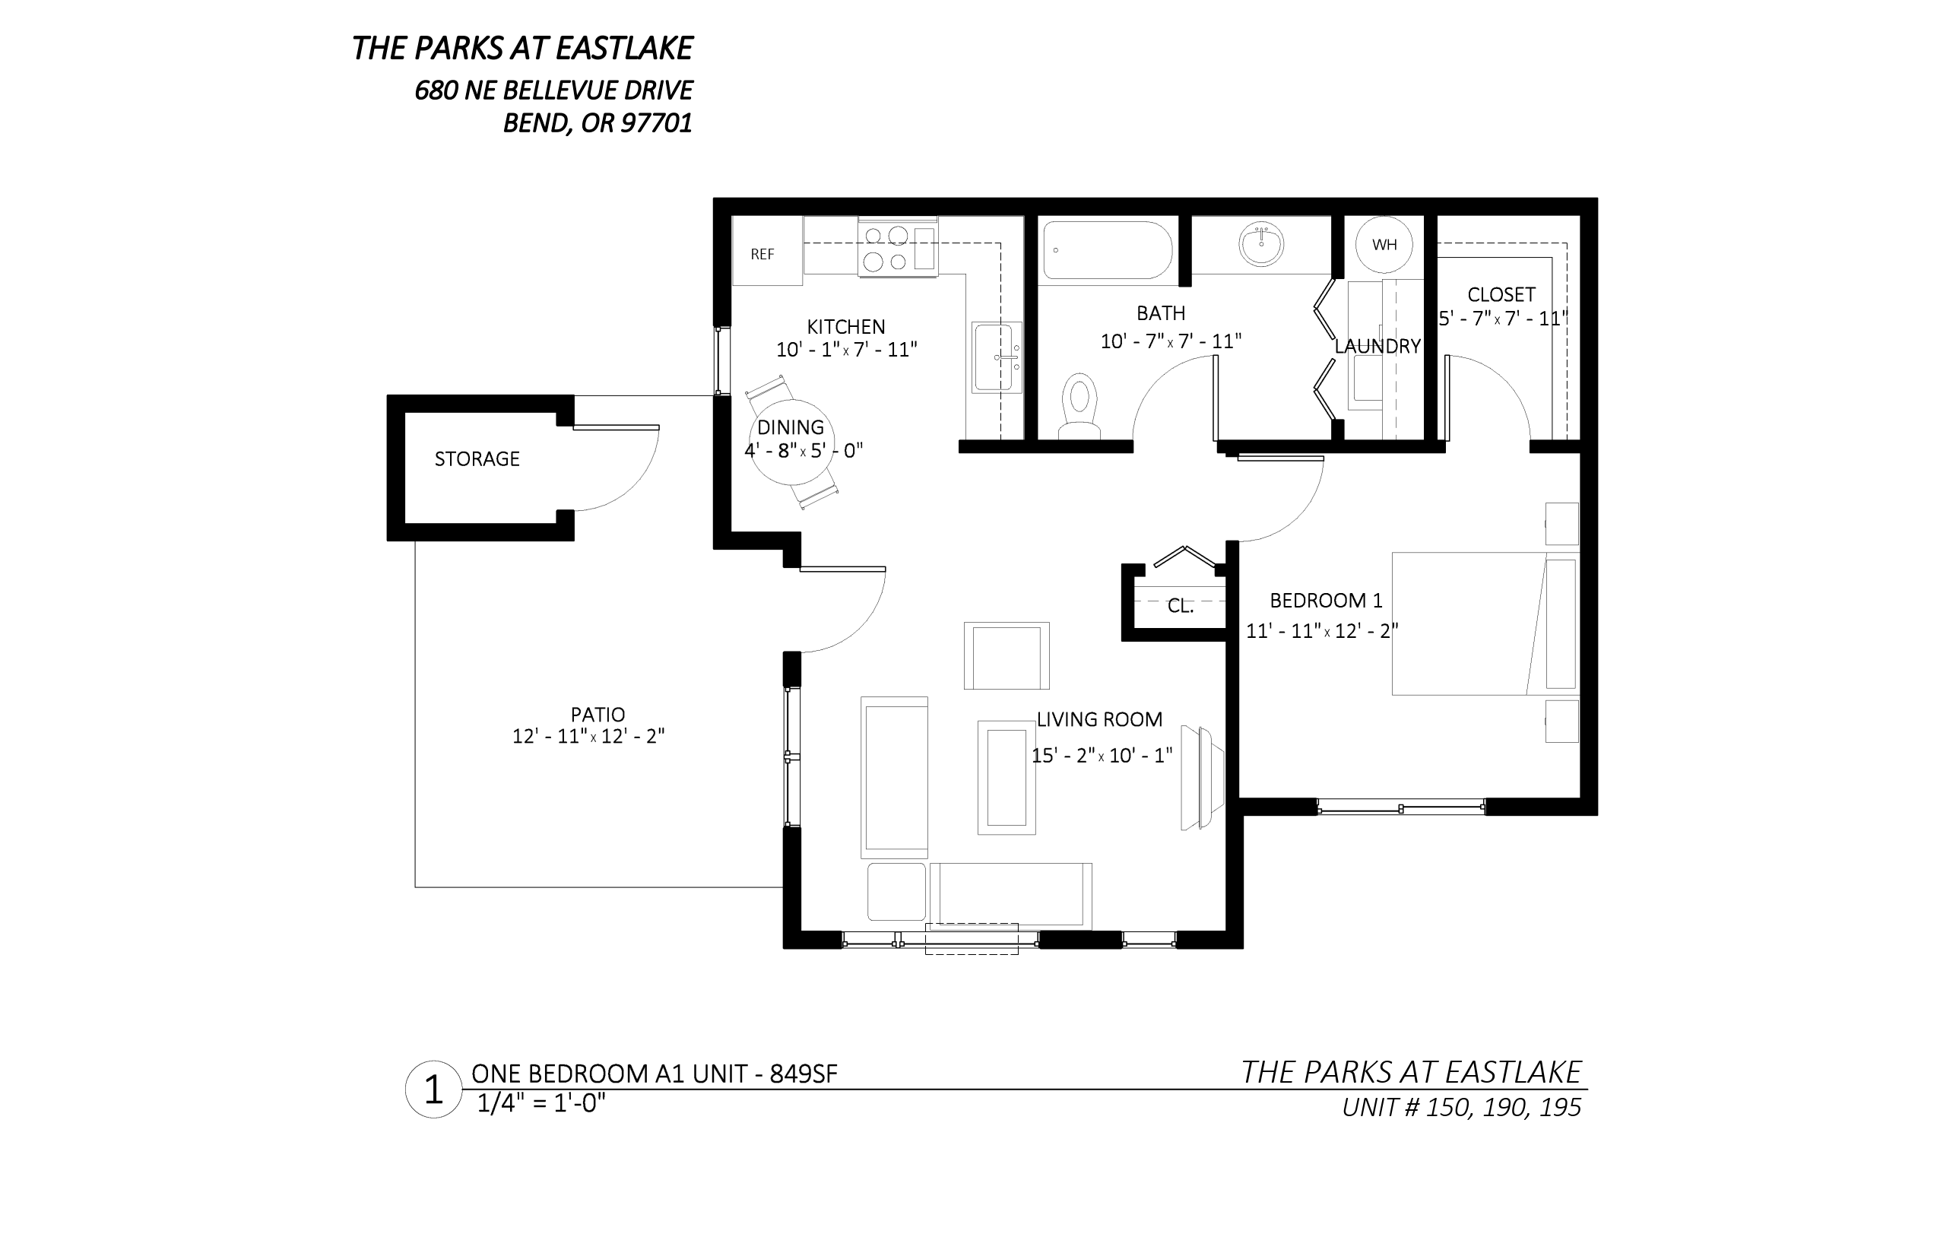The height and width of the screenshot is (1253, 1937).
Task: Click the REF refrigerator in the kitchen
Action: pyautogui.click(x=767, y=251)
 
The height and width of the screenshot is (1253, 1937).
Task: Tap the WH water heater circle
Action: pyautogui.click(x=1384, y=244)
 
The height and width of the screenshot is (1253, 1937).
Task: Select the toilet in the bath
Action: pyautogui.click(x=1079, y=406)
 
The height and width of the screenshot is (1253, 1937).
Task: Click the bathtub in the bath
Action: pyautogui.click(x=1106, y=251)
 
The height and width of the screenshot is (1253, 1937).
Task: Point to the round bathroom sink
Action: pyautogui.click(x=1261, y=244)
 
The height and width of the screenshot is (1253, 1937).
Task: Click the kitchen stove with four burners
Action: pyautogui.click(x=898, y=248)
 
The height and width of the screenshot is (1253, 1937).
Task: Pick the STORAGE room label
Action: pyautogui.click(x=477, y=459)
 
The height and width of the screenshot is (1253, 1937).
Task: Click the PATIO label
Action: pyautogui.click(x=598, y=715)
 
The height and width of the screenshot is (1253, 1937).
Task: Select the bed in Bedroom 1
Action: pyautogui.click(x=1485, y=623)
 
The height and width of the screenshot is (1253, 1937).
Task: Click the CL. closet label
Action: pyautogui.click(x=1181, y=606)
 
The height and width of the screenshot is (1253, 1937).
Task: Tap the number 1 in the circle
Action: pyautogui.click(x=433, y=1090)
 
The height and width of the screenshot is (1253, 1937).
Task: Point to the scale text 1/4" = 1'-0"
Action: pyautogui.click(x=542, y=1103)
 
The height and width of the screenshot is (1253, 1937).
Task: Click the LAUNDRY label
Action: pyautogui.click(x=1377, y=346)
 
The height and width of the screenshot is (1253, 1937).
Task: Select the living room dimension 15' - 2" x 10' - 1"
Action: pyautogui.click(x=1102, y=755)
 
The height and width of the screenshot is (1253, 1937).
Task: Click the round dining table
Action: pyautogui.click(x=791, y=443)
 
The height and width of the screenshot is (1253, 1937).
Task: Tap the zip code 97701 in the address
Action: pyautogui.click(x=656, y=124)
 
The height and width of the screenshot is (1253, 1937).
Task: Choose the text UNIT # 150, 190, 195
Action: pyautogui.click(x=1462, y=1107)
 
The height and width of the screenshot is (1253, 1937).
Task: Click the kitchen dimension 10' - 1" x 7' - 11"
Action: pyautogui.click(x=846, y=349)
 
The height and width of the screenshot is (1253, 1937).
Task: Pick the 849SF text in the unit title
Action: pyautogui.click(x=803, y=1074)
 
